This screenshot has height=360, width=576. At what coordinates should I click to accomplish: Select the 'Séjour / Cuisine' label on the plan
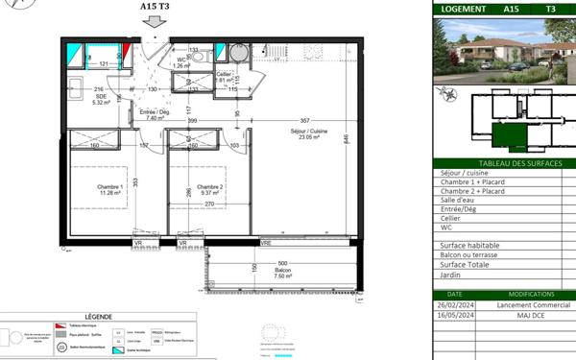(309, 133)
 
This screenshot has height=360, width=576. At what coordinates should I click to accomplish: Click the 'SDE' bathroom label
(100, 97)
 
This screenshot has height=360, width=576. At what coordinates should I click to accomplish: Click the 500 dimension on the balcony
(282, 264)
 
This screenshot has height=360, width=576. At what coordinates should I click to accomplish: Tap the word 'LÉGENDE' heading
(98, 316)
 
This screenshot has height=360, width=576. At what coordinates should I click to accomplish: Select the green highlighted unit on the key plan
(509, 135)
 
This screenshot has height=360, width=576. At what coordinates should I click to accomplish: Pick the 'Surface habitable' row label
(469, 246)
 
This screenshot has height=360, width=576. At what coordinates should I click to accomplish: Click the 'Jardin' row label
(451, 275)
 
